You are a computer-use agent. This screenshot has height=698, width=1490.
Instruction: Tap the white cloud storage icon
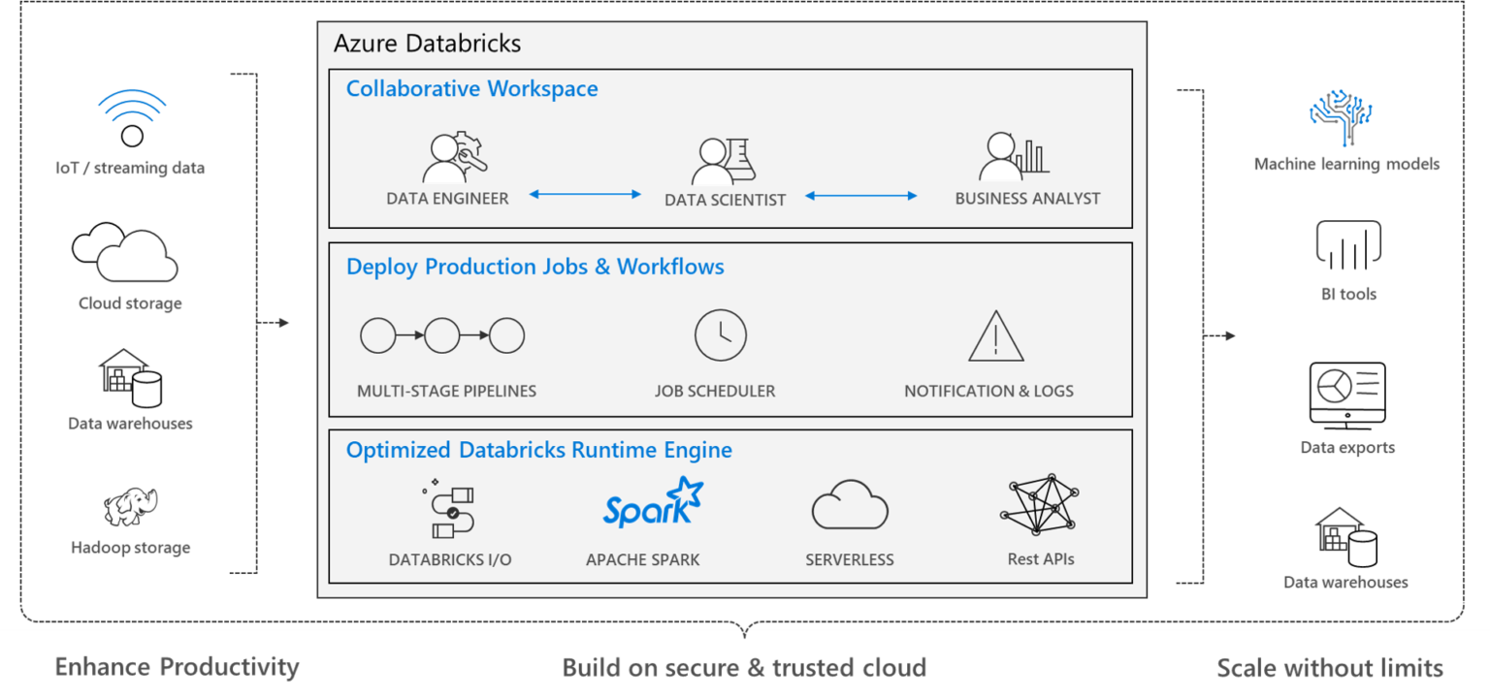point(127,255)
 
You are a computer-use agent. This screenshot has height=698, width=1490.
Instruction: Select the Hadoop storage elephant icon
point(131,506)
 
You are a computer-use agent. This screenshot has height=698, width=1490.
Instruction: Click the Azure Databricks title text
point(427,44)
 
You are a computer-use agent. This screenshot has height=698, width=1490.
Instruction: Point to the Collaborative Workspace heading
point(471,89)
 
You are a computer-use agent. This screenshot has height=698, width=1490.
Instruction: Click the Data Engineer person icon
point(445,160)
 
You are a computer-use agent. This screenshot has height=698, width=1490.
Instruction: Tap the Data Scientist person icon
point(713,162)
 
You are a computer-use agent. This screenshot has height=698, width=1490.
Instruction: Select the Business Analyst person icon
point(1001,158)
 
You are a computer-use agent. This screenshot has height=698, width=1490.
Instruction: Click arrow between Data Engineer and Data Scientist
point(585,195)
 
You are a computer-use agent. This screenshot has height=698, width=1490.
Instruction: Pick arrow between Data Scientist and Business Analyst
point(861,196)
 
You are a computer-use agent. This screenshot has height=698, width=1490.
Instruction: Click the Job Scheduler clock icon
point(720,335)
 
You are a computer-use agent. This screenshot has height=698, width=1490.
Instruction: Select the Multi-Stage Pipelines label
point(446,392)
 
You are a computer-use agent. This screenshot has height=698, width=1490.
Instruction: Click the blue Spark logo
point(652,504)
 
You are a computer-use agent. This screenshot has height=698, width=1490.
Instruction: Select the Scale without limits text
point(1330,668)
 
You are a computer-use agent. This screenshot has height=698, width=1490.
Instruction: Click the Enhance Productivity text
point(177,667)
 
